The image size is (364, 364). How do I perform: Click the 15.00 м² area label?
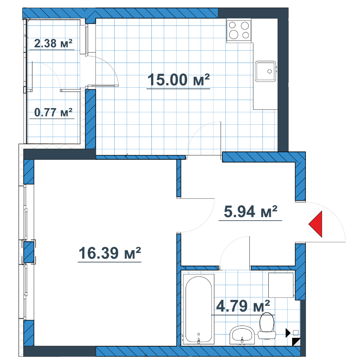[x=178, y=80]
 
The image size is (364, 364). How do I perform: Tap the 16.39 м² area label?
[x=110, y=253]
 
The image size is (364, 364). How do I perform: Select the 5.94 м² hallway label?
[x=250, y=211]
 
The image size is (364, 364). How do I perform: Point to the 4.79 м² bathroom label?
[x=243, y=306]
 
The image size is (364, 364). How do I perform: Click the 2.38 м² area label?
[x=53, y=43]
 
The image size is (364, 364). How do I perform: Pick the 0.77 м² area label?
[x=53, y=112]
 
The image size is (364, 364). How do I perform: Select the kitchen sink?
[x=266, y=71]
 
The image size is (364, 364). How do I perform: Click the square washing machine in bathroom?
[x=281, y=285]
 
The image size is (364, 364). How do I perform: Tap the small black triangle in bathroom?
[x=288, y=333]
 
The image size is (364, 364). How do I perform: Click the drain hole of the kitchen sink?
[x=269, y=71]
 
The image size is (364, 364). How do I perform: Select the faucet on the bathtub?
[x=199, y=341]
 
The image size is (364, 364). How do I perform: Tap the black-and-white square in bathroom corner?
[x=296, y=342]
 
